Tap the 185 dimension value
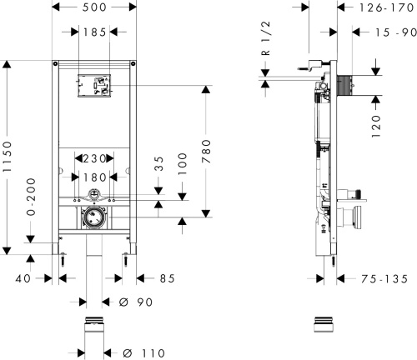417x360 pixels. coord(95,32)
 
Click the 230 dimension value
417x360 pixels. coord(95,157)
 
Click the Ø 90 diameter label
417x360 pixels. coord(135,301)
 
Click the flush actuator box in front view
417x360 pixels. coord(95,85)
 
